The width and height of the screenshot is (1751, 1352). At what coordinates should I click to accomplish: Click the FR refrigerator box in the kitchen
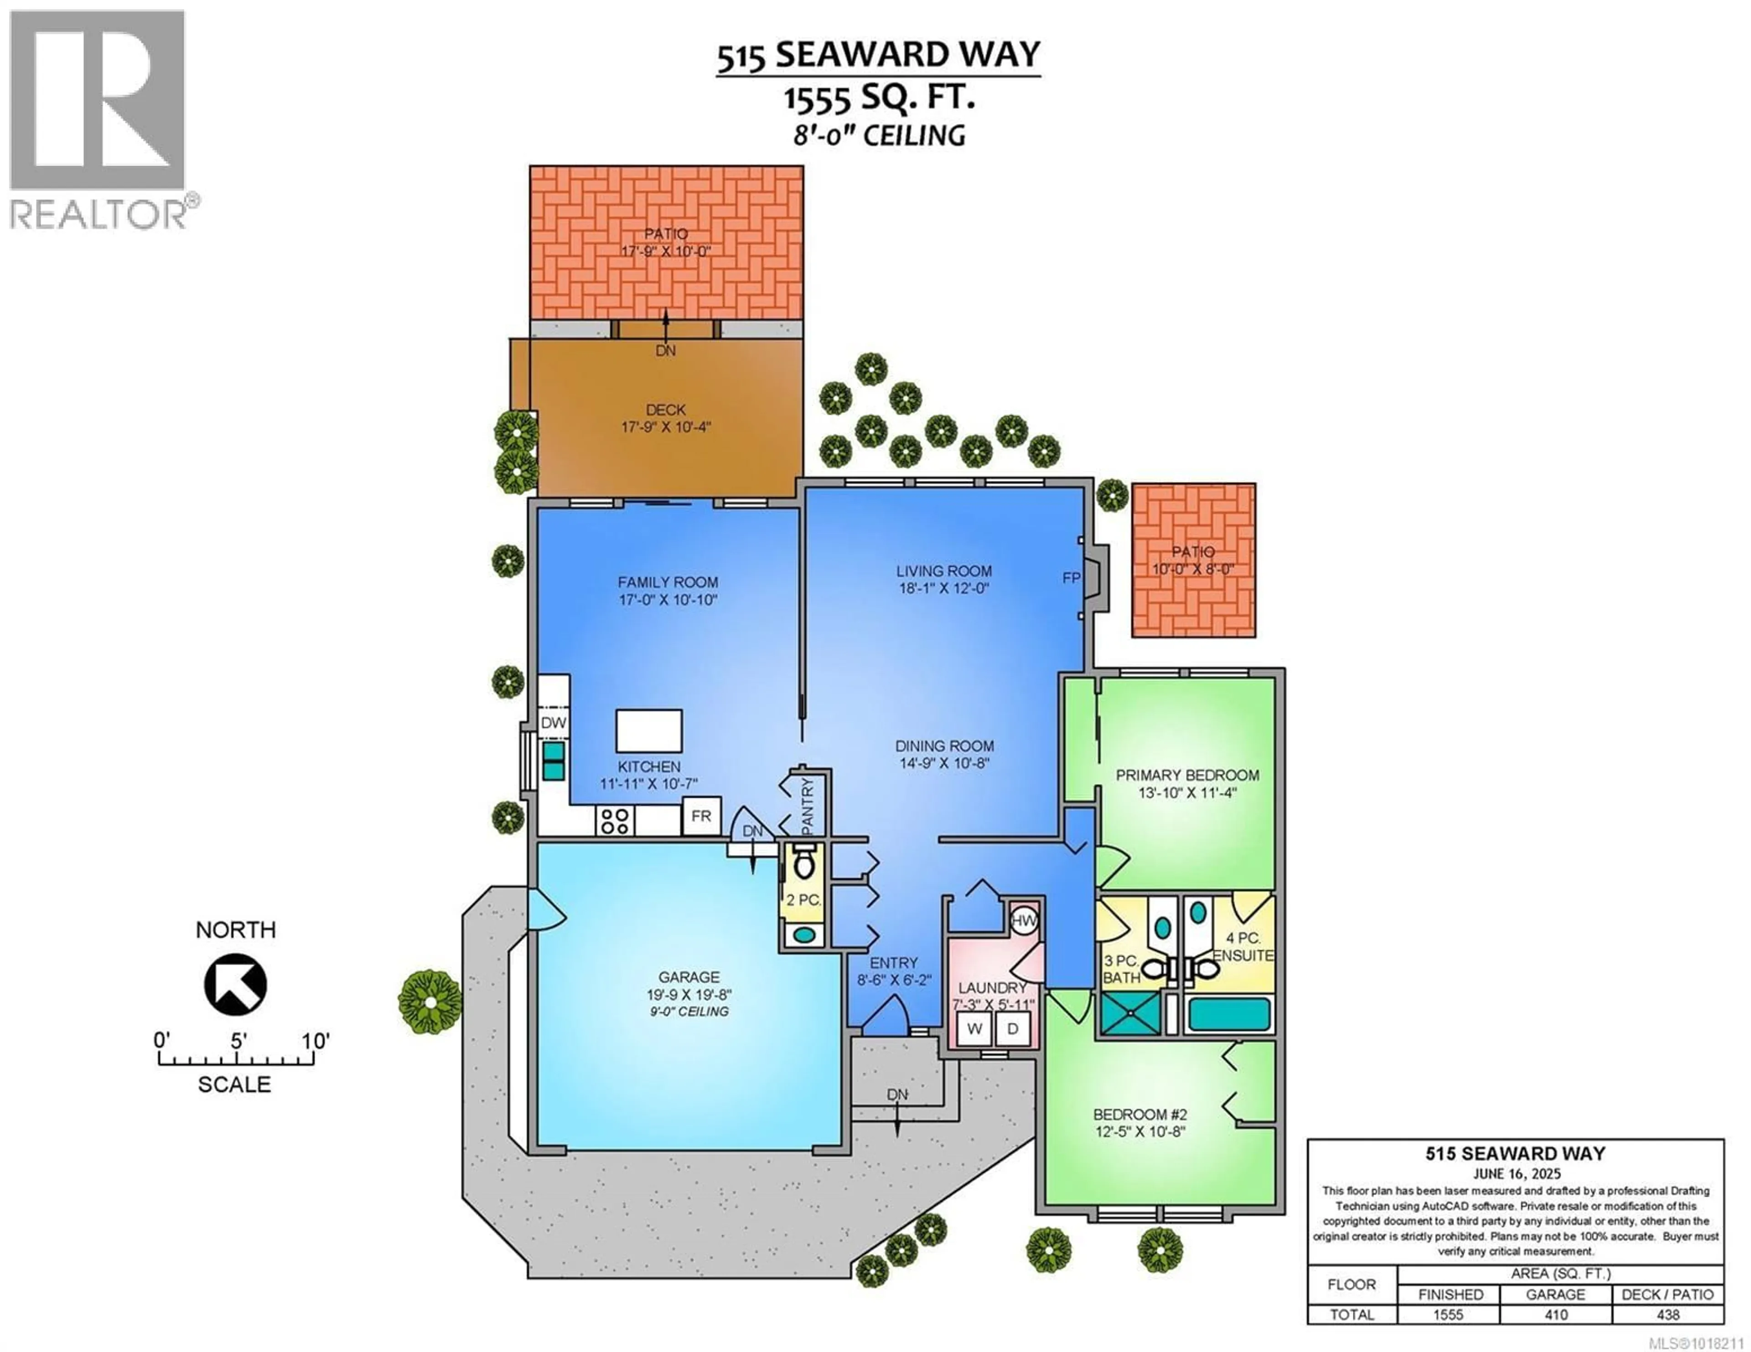pyautogui.click(x=701, y=816)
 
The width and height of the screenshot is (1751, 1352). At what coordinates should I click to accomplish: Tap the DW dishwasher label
pyautogui.click(x=553, y=722)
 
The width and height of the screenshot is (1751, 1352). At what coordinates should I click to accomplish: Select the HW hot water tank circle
pyautogui.click(x=1024, y=921)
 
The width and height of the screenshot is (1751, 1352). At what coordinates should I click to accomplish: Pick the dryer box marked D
pyautogui.click(x=1013, y=1028)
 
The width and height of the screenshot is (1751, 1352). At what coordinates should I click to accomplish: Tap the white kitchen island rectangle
pyautogui.click(x=648, y=730)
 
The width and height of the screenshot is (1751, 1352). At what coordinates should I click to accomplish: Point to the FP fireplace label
pyautogui.click(x=1071, y=578)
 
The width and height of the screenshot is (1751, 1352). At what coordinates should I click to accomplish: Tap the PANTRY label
pyautogui.click(x=808, y=804)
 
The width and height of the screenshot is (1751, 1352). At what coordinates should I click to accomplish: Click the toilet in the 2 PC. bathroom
pyautogui.click(x=803, y=863)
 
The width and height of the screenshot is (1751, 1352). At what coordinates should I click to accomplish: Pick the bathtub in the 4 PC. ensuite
pyautogui.click(x=1229, y=1015)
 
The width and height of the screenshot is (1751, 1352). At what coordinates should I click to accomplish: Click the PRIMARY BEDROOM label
pyautogui.click(x=1187, y=775)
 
